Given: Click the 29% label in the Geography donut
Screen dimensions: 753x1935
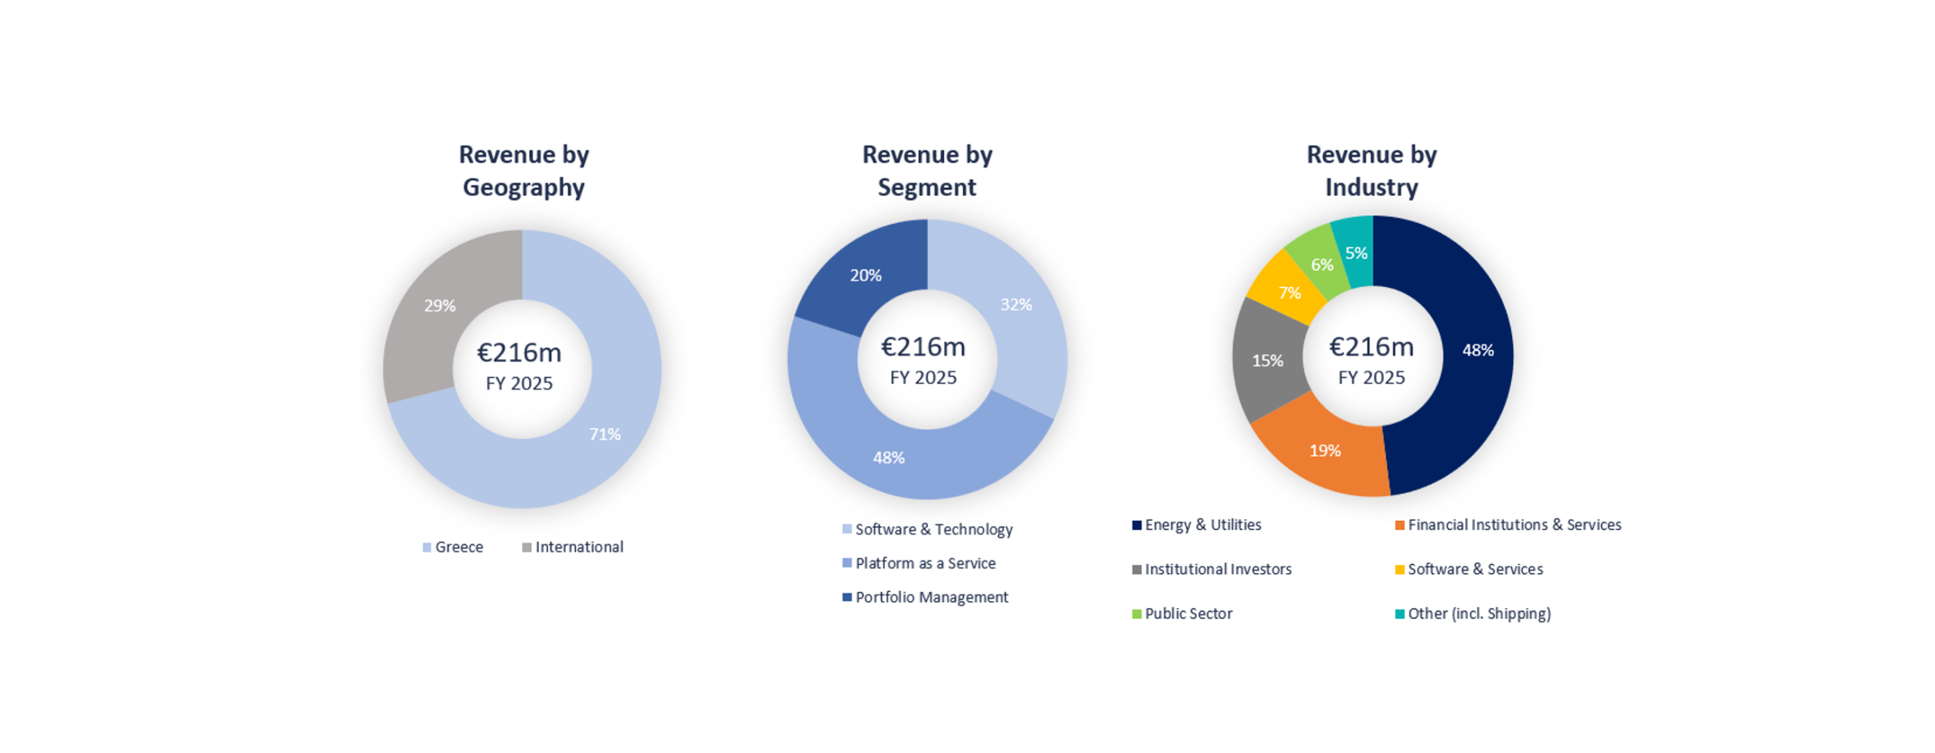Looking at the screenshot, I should [439, 305].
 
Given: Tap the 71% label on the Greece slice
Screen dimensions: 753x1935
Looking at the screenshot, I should [605, 434].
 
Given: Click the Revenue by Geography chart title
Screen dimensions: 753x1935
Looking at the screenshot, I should [523, 171].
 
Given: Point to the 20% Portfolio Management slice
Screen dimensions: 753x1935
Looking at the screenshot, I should [865, 275].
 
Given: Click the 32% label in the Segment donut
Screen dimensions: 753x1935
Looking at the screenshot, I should [1015, 304].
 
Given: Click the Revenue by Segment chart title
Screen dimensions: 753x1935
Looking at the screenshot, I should [927, 171].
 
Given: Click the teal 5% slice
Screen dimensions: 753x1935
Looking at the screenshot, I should [1355, 253].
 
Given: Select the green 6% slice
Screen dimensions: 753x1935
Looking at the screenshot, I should [1321, 265].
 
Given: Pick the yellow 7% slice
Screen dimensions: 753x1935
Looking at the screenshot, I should [1289, 293].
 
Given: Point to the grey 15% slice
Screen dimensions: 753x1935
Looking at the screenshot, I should [1268, 361].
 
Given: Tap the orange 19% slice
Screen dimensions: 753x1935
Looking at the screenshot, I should [1324, 451].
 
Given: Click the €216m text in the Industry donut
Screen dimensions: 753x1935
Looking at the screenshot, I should [1371, 346].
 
